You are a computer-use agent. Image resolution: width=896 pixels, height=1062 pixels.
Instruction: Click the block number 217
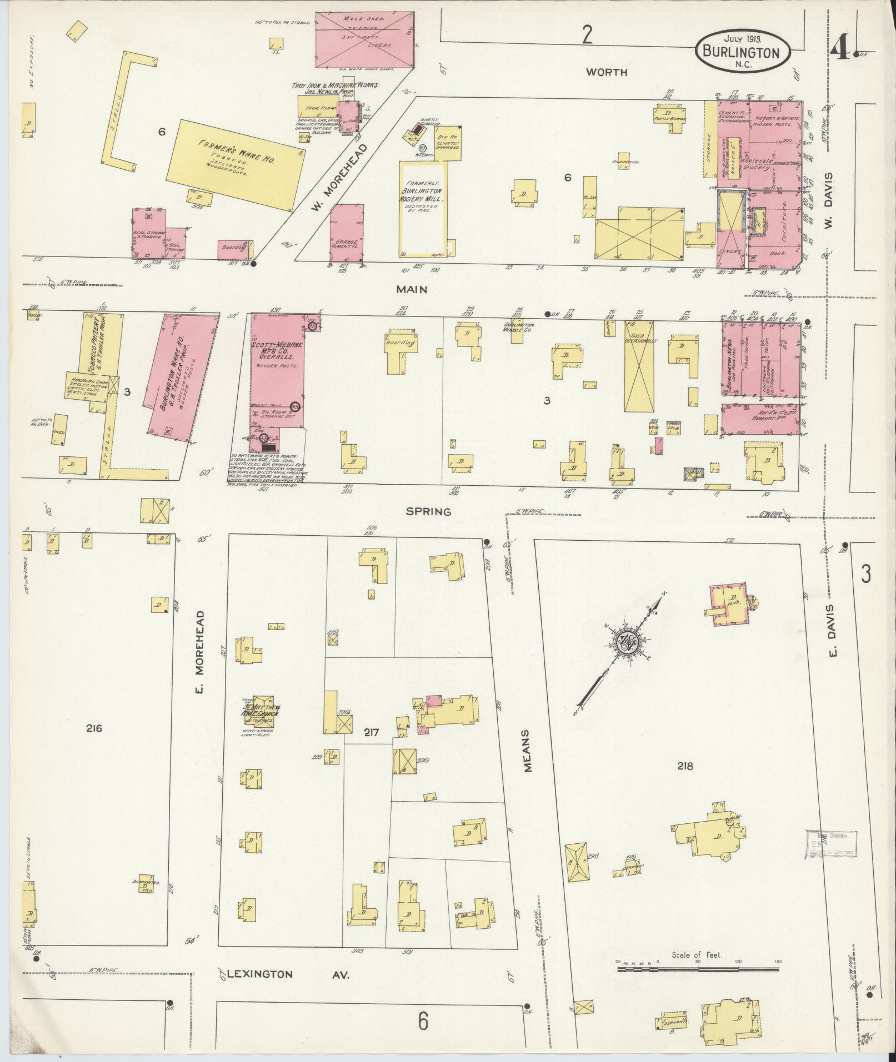(371, 732)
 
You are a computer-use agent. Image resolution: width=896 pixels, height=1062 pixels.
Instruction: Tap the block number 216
(94, 728)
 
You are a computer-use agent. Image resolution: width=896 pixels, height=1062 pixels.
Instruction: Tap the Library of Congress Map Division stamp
(830, 845)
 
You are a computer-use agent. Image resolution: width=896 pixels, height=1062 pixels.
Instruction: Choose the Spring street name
(428, 511)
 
